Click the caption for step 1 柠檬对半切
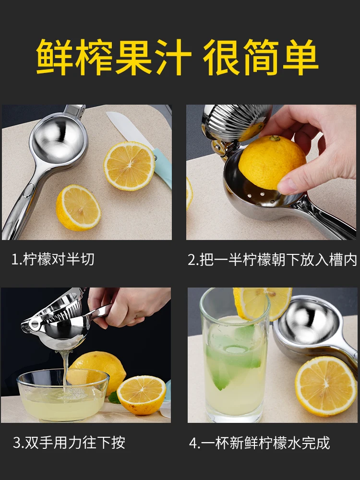coord(53,260)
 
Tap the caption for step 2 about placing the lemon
coord(272,260)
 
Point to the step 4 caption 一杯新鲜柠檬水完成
coord(259,442)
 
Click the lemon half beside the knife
coord(129,166)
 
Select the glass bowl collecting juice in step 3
coord(62,394)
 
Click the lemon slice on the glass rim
coord(263,302)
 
